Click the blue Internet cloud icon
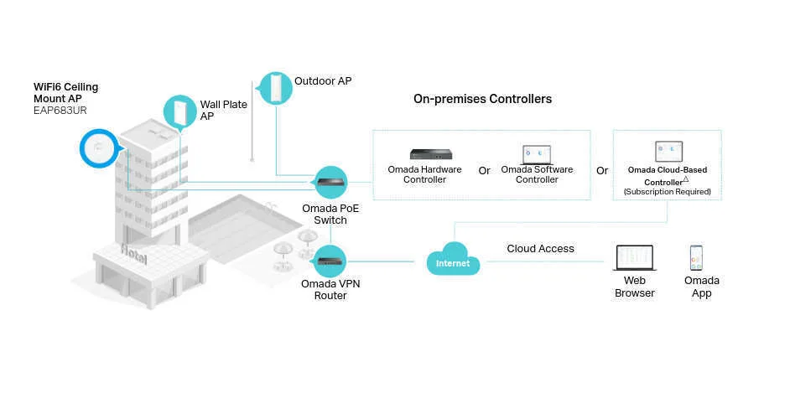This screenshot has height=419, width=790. click(x=453, y=260)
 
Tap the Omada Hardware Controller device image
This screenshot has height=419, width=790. click(x=430, y=153)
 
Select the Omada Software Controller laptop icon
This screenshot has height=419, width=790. click(x=537, y=153)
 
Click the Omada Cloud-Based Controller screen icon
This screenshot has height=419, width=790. click(x=667, y=152)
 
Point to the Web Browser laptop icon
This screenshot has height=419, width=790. click(x=634, y=258)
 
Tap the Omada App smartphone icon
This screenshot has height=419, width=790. click(x=696, y=257)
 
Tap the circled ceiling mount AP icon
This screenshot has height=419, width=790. click(x=101, y=150)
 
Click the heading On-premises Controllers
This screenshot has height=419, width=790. click(x=482, y=99)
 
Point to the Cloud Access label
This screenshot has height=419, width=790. click(x=540, y=249)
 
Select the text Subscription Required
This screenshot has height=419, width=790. click(x=667, y=192)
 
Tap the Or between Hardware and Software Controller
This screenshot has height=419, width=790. click(x=484, y=171)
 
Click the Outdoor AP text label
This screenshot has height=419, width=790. click(x=323, y=81)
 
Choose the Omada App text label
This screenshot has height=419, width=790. click(x=701, y=287)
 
